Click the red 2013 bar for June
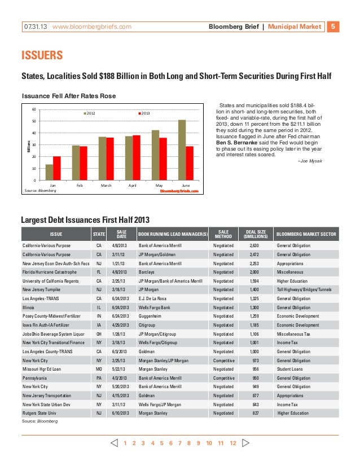coord(190,163)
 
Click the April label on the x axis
coord(133,185)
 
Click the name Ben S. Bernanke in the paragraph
coord(236,143)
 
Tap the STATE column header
coord(99,234)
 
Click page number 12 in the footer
coord(232,443)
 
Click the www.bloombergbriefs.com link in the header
coord(92,27)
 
